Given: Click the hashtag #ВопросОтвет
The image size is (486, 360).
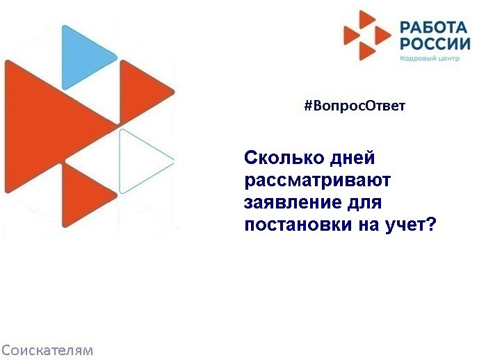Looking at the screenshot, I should (x=355, y=106).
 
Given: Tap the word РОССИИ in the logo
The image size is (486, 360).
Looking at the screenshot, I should (x=434, y=44).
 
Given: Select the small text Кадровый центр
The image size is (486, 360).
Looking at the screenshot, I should (x=430, y=59).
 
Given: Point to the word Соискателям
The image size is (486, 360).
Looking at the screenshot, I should (x=47, y=350).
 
